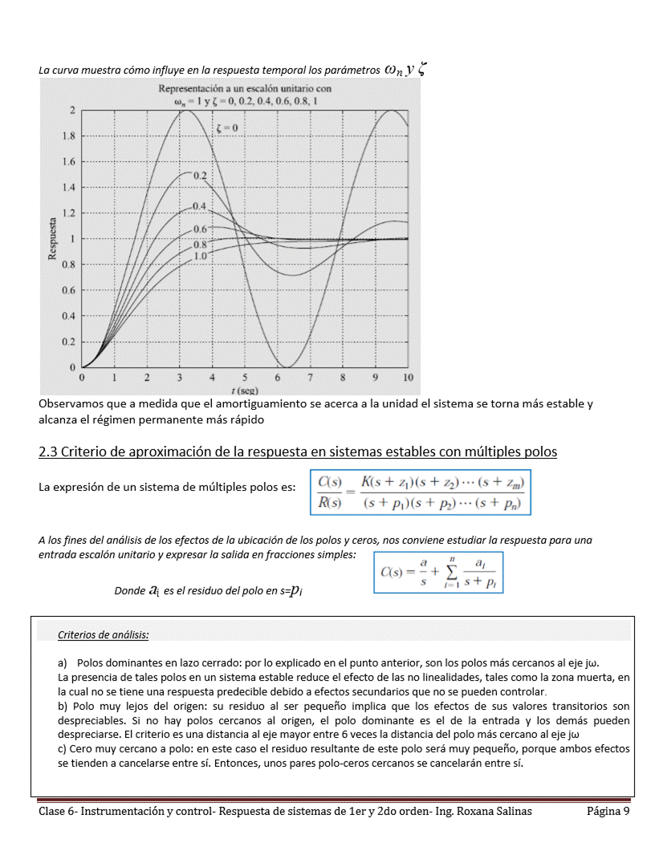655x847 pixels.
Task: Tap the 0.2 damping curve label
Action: point(200,175)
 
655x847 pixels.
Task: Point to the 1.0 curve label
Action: point(200,255)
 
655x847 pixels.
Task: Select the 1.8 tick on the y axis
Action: point(71,136)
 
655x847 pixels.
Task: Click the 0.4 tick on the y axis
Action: point(71,315)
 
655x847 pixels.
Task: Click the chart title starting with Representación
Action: point(245,88)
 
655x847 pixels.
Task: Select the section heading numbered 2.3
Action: point(298,452)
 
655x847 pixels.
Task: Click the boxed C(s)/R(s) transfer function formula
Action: point(421,492)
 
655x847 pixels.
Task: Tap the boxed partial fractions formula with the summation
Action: point(438,571)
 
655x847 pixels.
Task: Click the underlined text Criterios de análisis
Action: point(104,635)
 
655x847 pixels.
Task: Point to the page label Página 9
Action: point(608,811)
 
